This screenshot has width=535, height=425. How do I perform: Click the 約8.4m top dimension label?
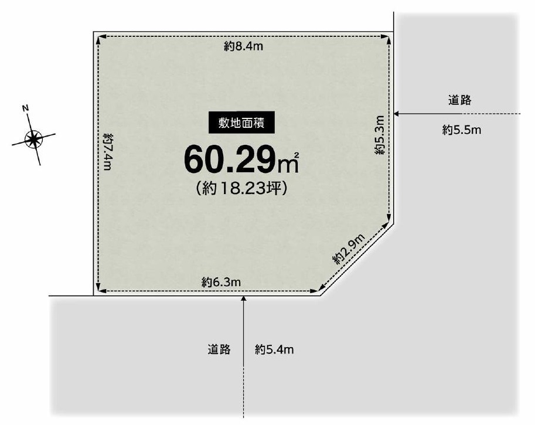(243, 46)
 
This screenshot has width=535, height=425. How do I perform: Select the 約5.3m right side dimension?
(380, 135)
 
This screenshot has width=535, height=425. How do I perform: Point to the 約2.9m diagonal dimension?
(349, 249)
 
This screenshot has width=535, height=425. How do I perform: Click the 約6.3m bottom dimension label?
(221, 283)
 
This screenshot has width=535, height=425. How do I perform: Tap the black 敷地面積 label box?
(241, 123)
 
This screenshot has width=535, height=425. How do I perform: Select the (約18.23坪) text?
(241, 188)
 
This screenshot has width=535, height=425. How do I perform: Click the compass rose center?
(33, 140)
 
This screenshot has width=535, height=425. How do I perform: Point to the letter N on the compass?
(25, 108)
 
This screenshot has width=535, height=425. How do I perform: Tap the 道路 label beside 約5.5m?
(459, 100)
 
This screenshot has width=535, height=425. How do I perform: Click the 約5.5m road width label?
(462, 130)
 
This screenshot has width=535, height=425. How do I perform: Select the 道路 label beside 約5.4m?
(219, 349)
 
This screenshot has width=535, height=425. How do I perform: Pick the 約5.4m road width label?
(274, 349)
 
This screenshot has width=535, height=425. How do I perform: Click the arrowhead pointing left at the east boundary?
(397, 114)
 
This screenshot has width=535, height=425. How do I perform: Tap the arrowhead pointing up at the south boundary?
(243, 299)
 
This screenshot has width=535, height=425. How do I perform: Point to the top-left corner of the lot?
(94, 32)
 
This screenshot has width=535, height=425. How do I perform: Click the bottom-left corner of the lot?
(94, 295)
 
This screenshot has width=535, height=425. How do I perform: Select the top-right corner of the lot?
(394, 32)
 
